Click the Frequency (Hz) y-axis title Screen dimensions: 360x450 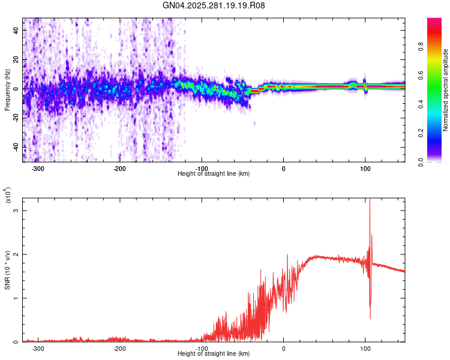click(x=7, y=89)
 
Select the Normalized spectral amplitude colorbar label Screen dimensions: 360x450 click(x=445, y=90)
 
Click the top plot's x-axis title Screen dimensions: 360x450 click(x=214, y=173)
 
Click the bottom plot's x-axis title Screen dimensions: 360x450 click(x=214, y=353)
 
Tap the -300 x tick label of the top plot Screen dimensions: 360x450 click(x=38, y=168)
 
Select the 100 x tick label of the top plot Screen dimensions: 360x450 click(x=365, y=168)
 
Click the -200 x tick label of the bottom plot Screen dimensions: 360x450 click(x=119, y=348)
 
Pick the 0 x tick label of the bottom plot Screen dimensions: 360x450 click(x=283, y=348)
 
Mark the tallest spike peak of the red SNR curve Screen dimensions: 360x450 click(x=370, y=199)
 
